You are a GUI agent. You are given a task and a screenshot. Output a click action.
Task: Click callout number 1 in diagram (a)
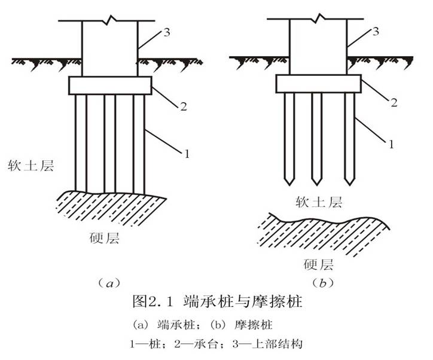pos(187,154)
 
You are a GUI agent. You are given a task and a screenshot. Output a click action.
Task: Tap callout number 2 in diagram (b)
pos(393,102)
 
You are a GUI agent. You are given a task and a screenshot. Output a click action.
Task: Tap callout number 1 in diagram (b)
pos(391,144)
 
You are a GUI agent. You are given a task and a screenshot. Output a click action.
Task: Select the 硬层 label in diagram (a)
pos(105,240)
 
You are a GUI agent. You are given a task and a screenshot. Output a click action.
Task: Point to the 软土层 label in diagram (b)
pos(319,202)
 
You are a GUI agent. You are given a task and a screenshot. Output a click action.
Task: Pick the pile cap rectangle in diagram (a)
pos(110,85)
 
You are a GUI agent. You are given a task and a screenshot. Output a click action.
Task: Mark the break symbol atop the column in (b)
pos(317,20)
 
